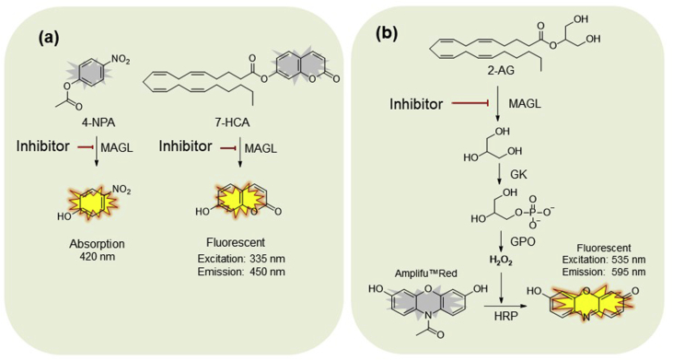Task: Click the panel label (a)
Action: (52, 40)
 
